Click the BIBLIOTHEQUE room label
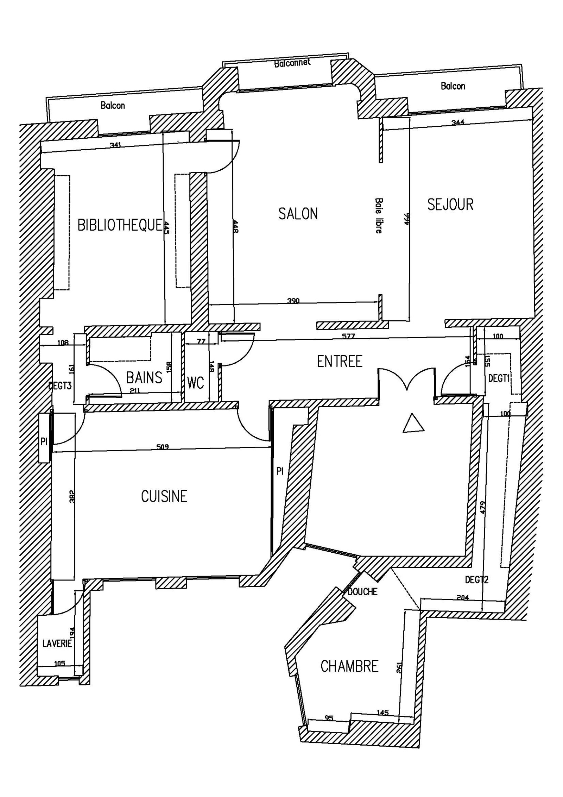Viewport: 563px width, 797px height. tap(120, 225)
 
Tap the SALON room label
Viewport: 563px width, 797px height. tap(298, 214)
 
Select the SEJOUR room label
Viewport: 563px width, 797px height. tap(450, 205)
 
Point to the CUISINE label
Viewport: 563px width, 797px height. tap(164, 496)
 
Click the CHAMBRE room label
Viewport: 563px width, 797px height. tap(349, 666)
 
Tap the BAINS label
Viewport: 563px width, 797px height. tap(144, 378)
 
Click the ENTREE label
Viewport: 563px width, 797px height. tap(339, 362)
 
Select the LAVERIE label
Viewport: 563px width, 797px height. tap(57, 644)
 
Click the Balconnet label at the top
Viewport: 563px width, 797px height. tap(292, 63)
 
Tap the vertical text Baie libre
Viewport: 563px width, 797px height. tap(379, 215)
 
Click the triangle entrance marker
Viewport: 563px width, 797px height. tap(413, 424)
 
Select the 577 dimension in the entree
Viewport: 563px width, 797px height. tap(348, 336)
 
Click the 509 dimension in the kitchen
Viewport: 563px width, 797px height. tap(162, 447)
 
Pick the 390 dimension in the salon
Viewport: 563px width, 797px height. tap(293, 301)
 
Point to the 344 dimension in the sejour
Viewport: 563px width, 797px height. tap(458, 123)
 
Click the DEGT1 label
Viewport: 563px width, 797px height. tap(499, 378)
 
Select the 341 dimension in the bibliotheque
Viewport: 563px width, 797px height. tap(115, 145)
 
